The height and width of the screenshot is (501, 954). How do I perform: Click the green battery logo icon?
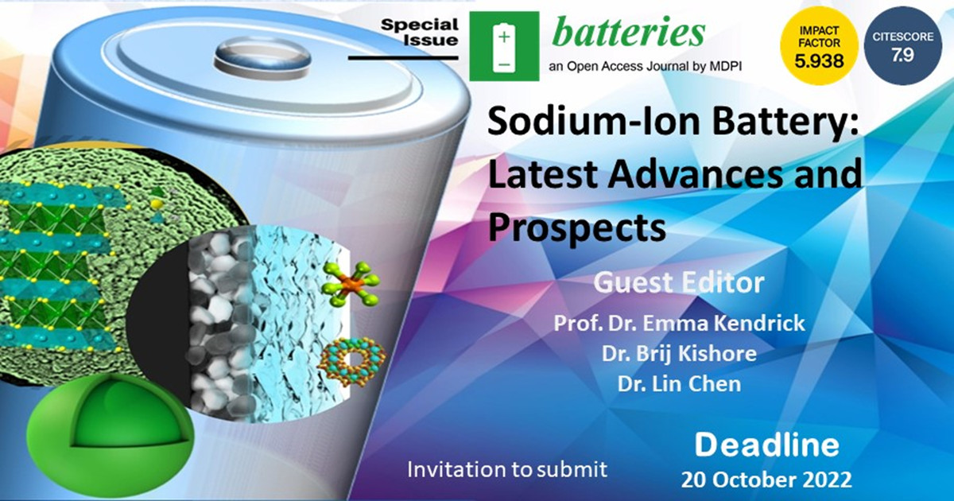(504, 46)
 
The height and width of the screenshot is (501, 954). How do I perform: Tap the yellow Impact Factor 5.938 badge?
(819, 46)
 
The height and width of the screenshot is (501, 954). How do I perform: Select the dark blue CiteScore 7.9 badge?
(903, 45)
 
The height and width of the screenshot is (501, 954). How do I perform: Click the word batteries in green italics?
(628, 33)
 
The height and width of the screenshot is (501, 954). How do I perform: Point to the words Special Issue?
(420, 32)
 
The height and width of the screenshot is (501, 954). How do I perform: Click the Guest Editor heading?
(679, 282)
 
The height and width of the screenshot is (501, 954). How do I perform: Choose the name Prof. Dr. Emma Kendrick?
(679, 323)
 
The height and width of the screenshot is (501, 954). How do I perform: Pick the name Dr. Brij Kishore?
(679, 354)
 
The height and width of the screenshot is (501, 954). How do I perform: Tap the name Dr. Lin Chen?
(679, 384)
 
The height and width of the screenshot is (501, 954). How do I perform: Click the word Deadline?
(766, 445)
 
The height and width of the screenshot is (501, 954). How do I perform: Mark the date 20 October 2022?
(766, 480)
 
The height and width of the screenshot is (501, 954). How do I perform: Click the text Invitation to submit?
(507, 469)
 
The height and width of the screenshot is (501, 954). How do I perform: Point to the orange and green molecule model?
(351, 284)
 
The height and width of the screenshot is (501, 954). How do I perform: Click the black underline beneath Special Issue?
(403, 57)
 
